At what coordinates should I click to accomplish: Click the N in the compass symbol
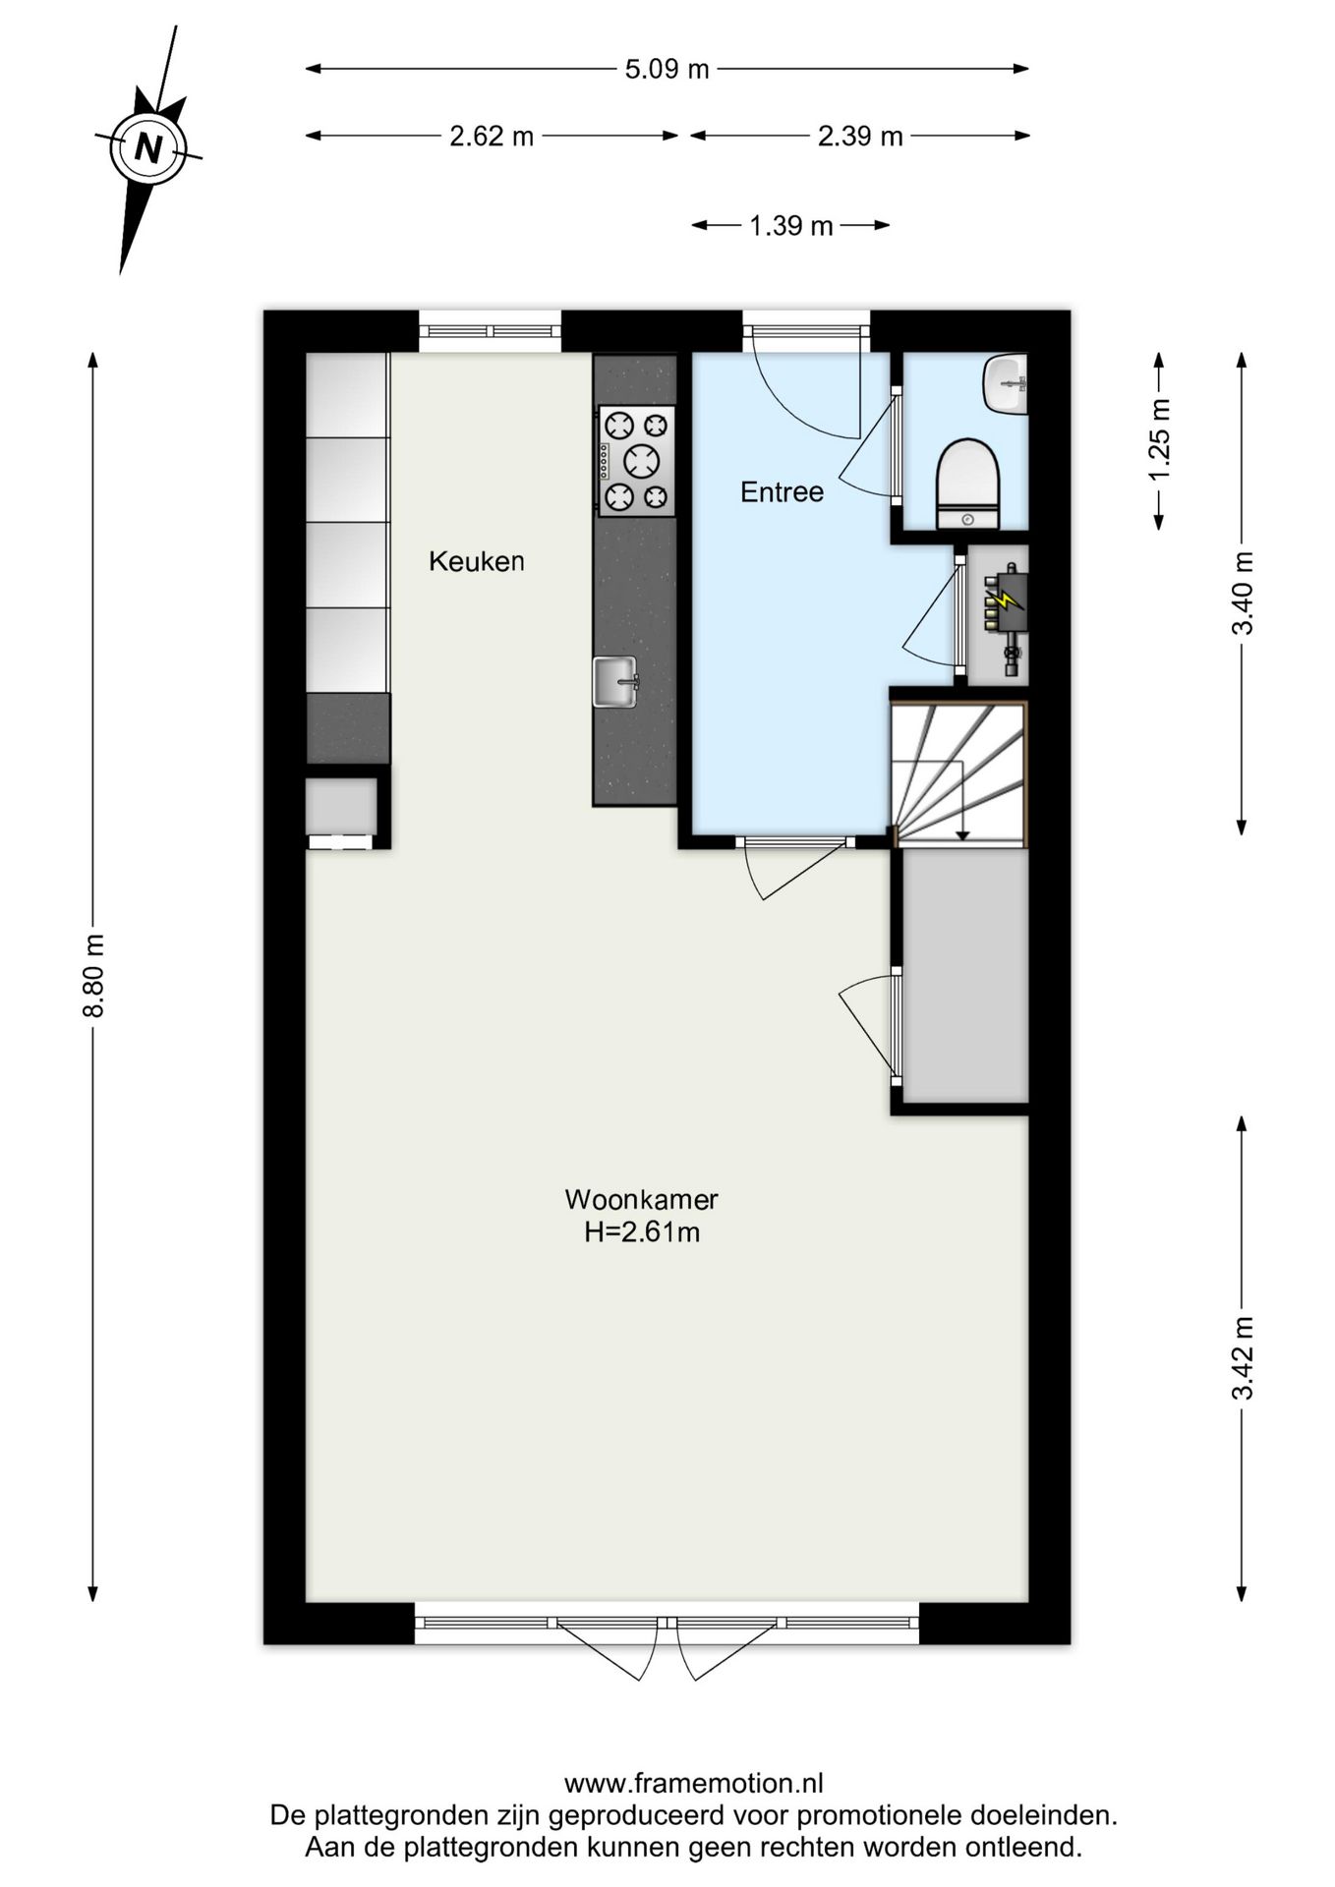click(x=148, y=148)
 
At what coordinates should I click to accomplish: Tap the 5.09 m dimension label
click(x=667, y=70)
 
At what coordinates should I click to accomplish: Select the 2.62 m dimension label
click(x=491, y=137)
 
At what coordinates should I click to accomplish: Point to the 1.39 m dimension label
click(x=790, y=227)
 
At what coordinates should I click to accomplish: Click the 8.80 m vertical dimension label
click(x=93, y=976)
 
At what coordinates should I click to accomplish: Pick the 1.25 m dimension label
click(x=1160, y=440)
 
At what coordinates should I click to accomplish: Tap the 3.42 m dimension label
click(x=1243, y=1357)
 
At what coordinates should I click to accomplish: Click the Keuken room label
click(x=476, y=562)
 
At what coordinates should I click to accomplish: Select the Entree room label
click(x=782, y=492)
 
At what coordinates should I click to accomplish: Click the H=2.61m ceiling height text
click(x=641, y=1232)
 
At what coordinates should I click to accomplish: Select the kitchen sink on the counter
click(x=614, y=681)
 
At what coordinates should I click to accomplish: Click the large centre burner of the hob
click(x=641, y=460)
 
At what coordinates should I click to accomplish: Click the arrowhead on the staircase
click(x=962, y=835)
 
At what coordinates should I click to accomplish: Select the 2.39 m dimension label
click(x=859, y=137)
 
